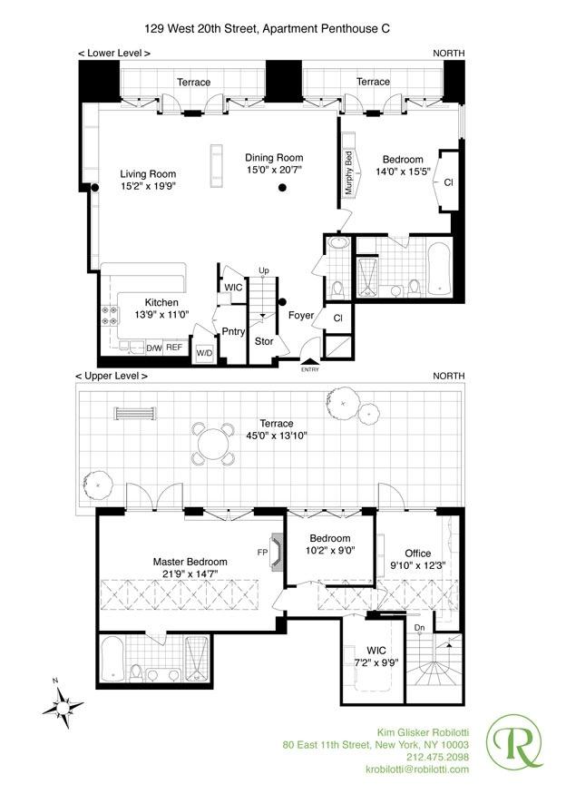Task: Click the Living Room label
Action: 149,174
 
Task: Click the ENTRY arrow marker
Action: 310,363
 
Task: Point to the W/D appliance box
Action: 204,352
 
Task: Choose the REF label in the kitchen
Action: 174,347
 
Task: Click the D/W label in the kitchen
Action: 153,347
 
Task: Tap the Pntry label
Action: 234,331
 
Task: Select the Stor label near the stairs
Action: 264,342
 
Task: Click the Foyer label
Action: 301,316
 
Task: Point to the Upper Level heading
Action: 112,376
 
